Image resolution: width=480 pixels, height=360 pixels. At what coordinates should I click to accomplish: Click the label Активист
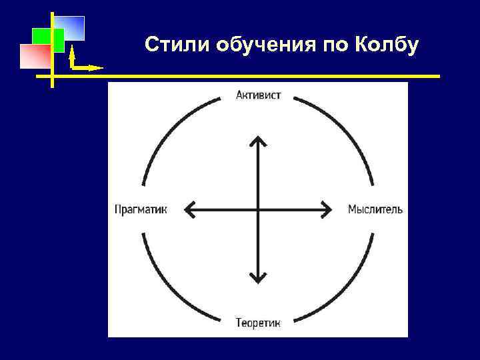click(x=258, y=95)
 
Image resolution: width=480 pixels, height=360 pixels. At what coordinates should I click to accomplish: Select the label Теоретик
click(x=258, y=323)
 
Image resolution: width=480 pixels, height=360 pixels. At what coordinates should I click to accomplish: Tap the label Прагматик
click(x=141, y=209)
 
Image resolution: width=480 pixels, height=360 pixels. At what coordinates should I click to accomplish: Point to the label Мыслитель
click(x=375, y=209)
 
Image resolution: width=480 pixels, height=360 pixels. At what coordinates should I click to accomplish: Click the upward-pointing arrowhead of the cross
click(x=257, y=141)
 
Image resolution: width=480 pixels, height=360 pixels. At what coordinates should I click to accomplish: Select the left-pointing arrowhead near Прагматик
click(x=188, y=209)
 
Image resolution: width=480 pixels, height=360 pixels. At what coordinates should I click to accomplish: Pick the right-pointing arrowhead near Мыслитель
click(x=327, y=209)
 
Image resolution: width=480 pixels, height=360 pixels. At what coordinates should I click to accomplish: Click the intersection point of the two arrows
click(x=257, y=209)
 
